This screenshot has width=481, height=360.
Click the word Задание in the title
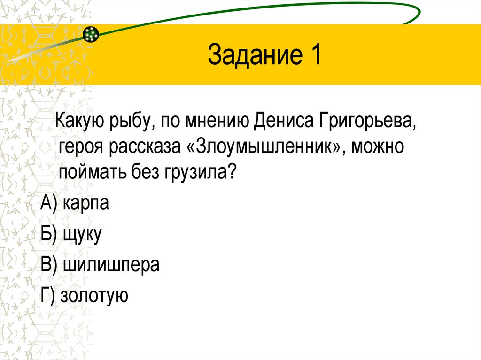[x=251, y=55]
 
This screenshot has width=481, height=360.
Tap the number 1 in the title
[x=313, y=55]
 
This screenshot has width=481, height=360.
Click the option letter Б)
[x=49, y=235]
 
